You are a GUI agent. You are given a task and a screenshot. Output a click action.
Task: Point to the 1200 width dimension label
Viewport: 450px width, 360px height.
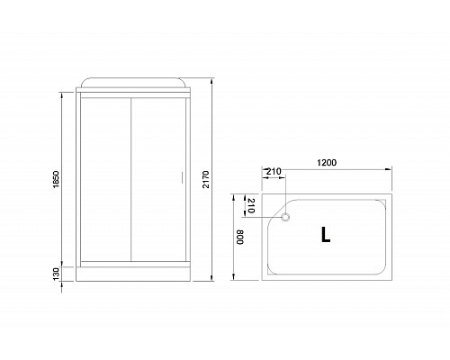tap(327, 163)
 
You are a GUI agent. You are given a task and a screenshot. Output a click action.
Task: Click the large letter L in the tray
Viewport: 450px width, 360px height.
tap(325, 236)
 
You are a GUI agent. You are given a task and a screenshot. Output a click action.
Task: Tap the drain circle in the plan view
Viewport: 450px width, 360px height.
tap(287, 217)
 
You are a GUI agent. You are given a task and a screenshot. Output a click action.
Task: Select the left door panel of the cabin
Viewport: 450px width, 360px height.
tap(105, 177)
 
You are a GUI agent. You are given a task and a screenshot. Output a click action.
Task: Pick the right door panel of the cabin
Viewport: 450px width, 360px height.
tap(157, 177)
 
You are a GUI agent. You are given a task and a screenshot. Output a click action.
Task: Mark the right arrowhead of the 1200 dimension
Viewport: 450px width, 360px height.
tap(388, 169)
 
